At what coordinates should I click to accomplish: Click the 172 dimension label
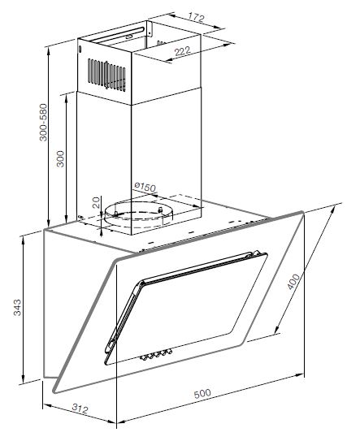[x=196, y=18]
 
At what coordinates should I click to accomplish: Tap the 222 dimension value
[x=183, y=51]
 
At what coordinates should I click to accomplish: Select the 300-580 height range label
[x=43, y=123]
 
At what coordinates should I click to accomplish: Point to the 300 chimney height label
[x=60, y=159]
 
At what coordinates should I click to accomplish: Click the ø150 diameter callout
[x=145, y=187]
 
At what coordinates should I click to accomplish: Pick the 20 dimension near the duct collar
[x=96, y=202]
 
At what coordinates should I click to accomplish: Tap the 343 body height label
[x=17, y=308]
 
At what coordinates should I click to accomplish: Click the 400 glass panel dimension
[x=293, y=282]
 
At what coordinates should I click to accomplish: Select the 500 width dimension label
[x=202, y=393]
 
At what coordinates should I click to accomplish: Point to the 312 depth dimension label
[x=80, y=408]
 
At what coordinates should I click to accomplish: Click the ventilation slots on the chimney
[x=106, y=75]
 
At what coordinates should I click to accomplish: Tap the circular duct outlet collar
[x=138, y=214]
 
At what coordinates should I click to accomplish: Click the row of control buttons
[x=156, y=355]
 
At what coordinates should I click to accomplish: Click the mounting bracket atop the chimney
[x=149, y=28]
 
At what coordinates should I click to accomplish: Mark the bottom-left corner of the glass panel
[x=54, y=391]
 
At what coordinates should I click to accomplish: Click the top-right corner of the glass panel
[x=302, y=213]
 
